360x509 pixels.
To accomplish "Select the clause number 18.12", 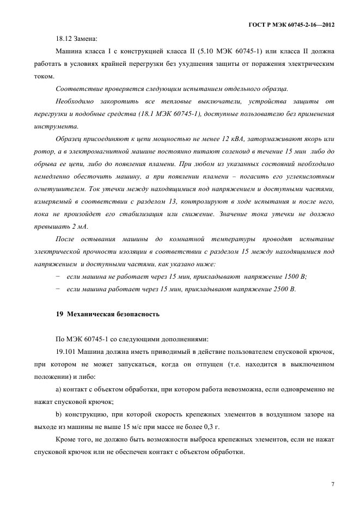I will click(64, 39).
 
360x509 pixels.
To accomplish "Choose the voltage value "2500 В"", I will click(283, 289).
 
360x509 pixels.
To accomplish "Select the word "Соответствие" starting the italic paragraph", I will click(81, 88).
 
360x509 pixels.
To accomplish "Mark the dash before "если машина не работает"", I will click(58, 276).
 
